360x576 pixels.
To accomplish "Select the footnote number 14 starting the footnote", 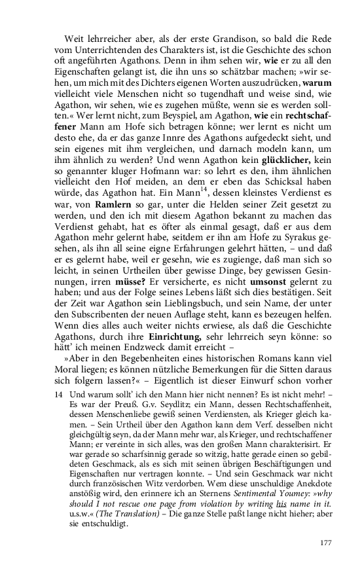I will pos(60,395).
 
